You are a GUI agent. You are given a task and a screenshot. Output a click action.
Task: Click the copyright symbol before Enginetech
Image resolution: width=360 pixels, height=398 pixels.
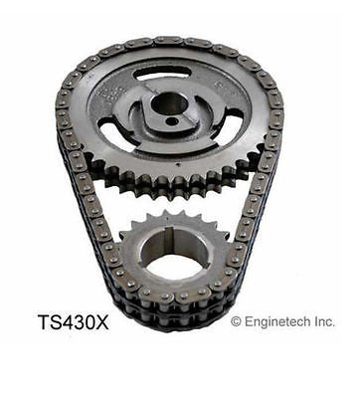tap(237, 321)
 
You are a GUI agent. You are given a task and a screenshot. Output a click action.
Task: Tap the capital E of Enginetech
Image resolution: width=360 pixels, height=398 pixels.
tap(249, 321)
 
